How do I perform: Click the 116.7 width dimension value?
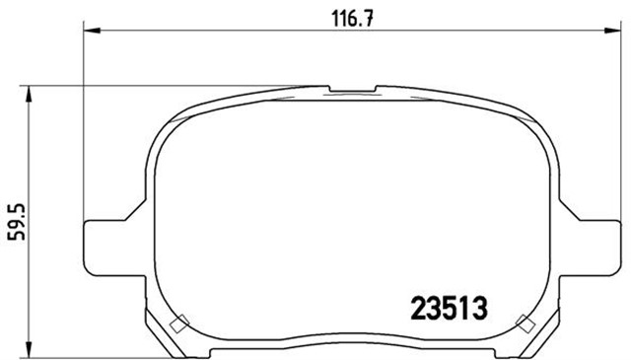click(x=353, y=19)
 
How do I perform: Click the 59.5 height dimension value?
click(x=17, y=222)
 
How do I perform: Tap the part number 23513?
click(x=449, y=308)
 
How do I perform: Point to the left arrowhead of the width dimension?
click(x=92, y=31)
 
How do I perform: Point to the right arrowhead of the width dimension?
click(x=612, y=31)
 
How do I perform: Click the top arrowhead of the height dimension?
click(x=29, y=95)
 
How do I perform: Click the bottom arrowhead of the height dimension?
click(x=29, y=349)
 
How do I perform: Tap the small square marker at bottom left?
click(x=179, y=324)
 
